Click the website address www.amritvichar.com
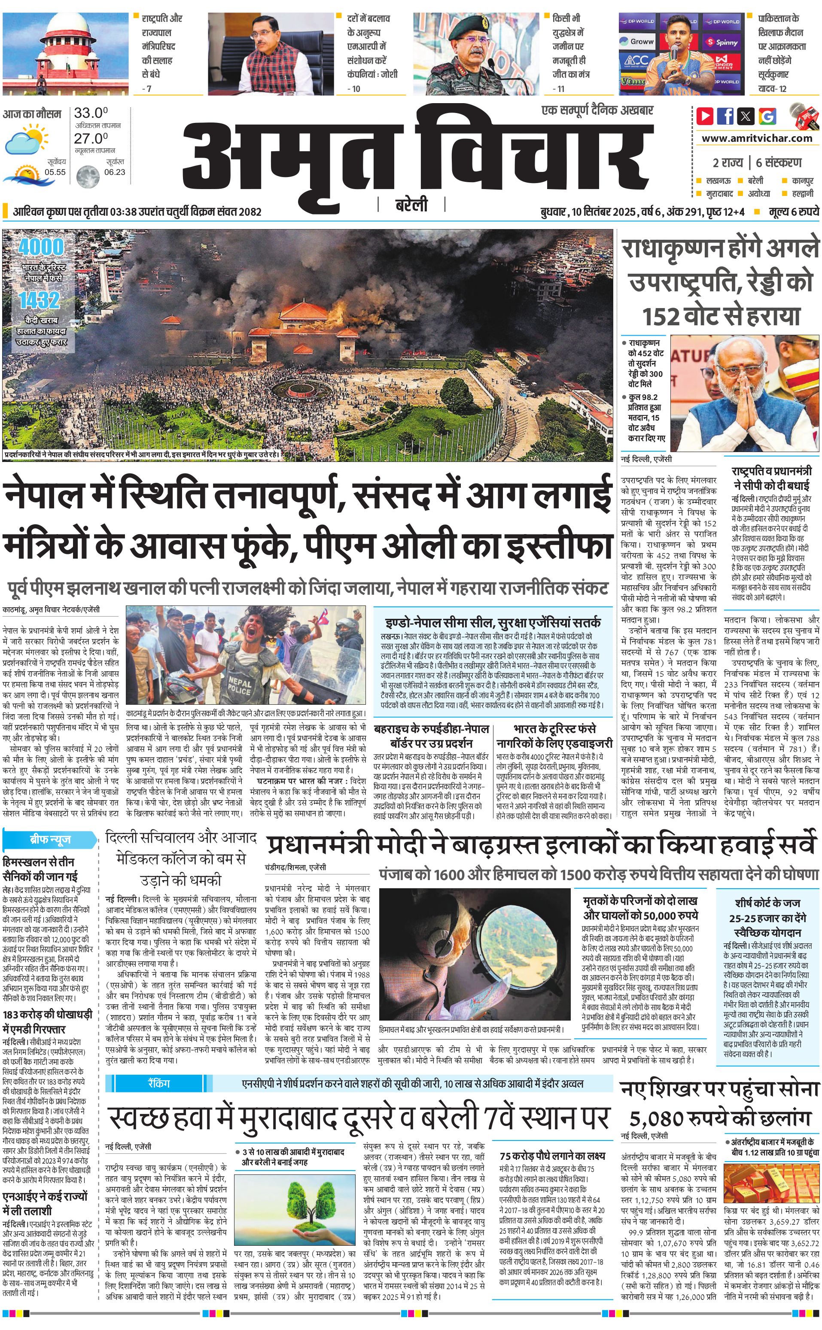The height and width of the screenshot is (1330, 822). [757, 138]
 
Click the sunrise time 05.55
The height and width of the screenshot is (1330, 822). [55, 172]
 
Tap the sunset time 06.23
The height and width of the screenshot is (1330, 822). [115, 172]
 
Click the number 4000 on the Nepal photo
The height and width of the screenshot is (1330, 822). [41, 248]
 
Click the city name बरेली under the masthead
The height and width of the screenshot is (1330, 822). [411, 205]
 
